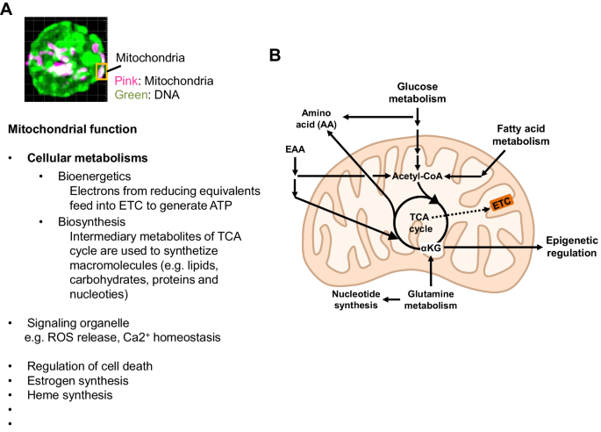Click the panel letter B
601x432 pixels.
(275, 54)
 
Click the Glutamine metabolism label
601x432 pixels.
(430, 300)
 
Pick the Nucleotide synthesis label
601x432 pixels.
(354, 300)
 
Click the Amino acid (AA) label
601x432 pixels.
(318, 120)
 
